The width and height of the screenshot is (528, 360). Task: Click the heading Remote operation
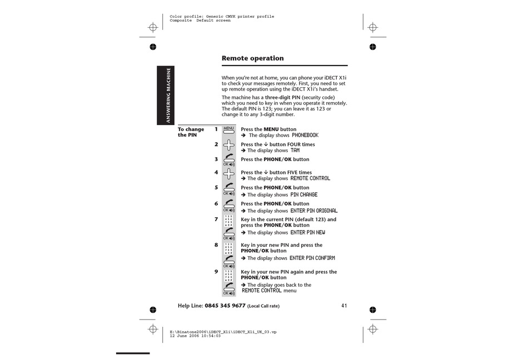252,58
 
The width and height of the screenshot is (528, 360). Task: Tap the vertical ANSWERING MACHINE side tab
167,95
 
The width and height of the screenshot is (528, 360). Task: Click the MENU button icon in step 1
228,130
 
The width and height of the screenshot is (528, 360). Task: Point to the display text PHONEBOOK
305,136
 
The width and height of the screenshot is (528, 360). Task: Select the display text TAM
295,151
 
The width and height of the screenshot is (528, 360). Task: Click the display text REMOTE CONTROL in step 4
310,179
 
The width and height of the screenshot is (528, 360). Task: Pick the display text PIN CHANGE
304,195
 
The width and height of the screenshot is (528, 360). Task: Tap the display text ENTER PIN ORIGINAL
313,211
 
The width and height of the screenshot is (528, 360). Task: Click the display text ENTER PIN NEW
307,233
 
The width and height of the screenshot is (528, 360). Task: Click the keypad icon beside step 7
228,221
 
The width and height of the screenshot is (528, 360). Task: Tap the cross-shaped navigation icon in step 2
228,146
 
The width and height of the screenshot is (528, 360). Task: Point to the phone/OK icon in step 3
228,160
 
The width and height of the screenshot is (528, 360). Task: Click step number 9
216,272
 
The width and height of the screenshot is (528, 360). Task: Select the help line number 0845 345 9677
225,306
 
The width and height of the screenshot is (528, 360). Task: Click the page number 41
344,306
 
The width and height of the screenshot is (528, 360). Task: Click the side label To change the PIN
191,132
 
